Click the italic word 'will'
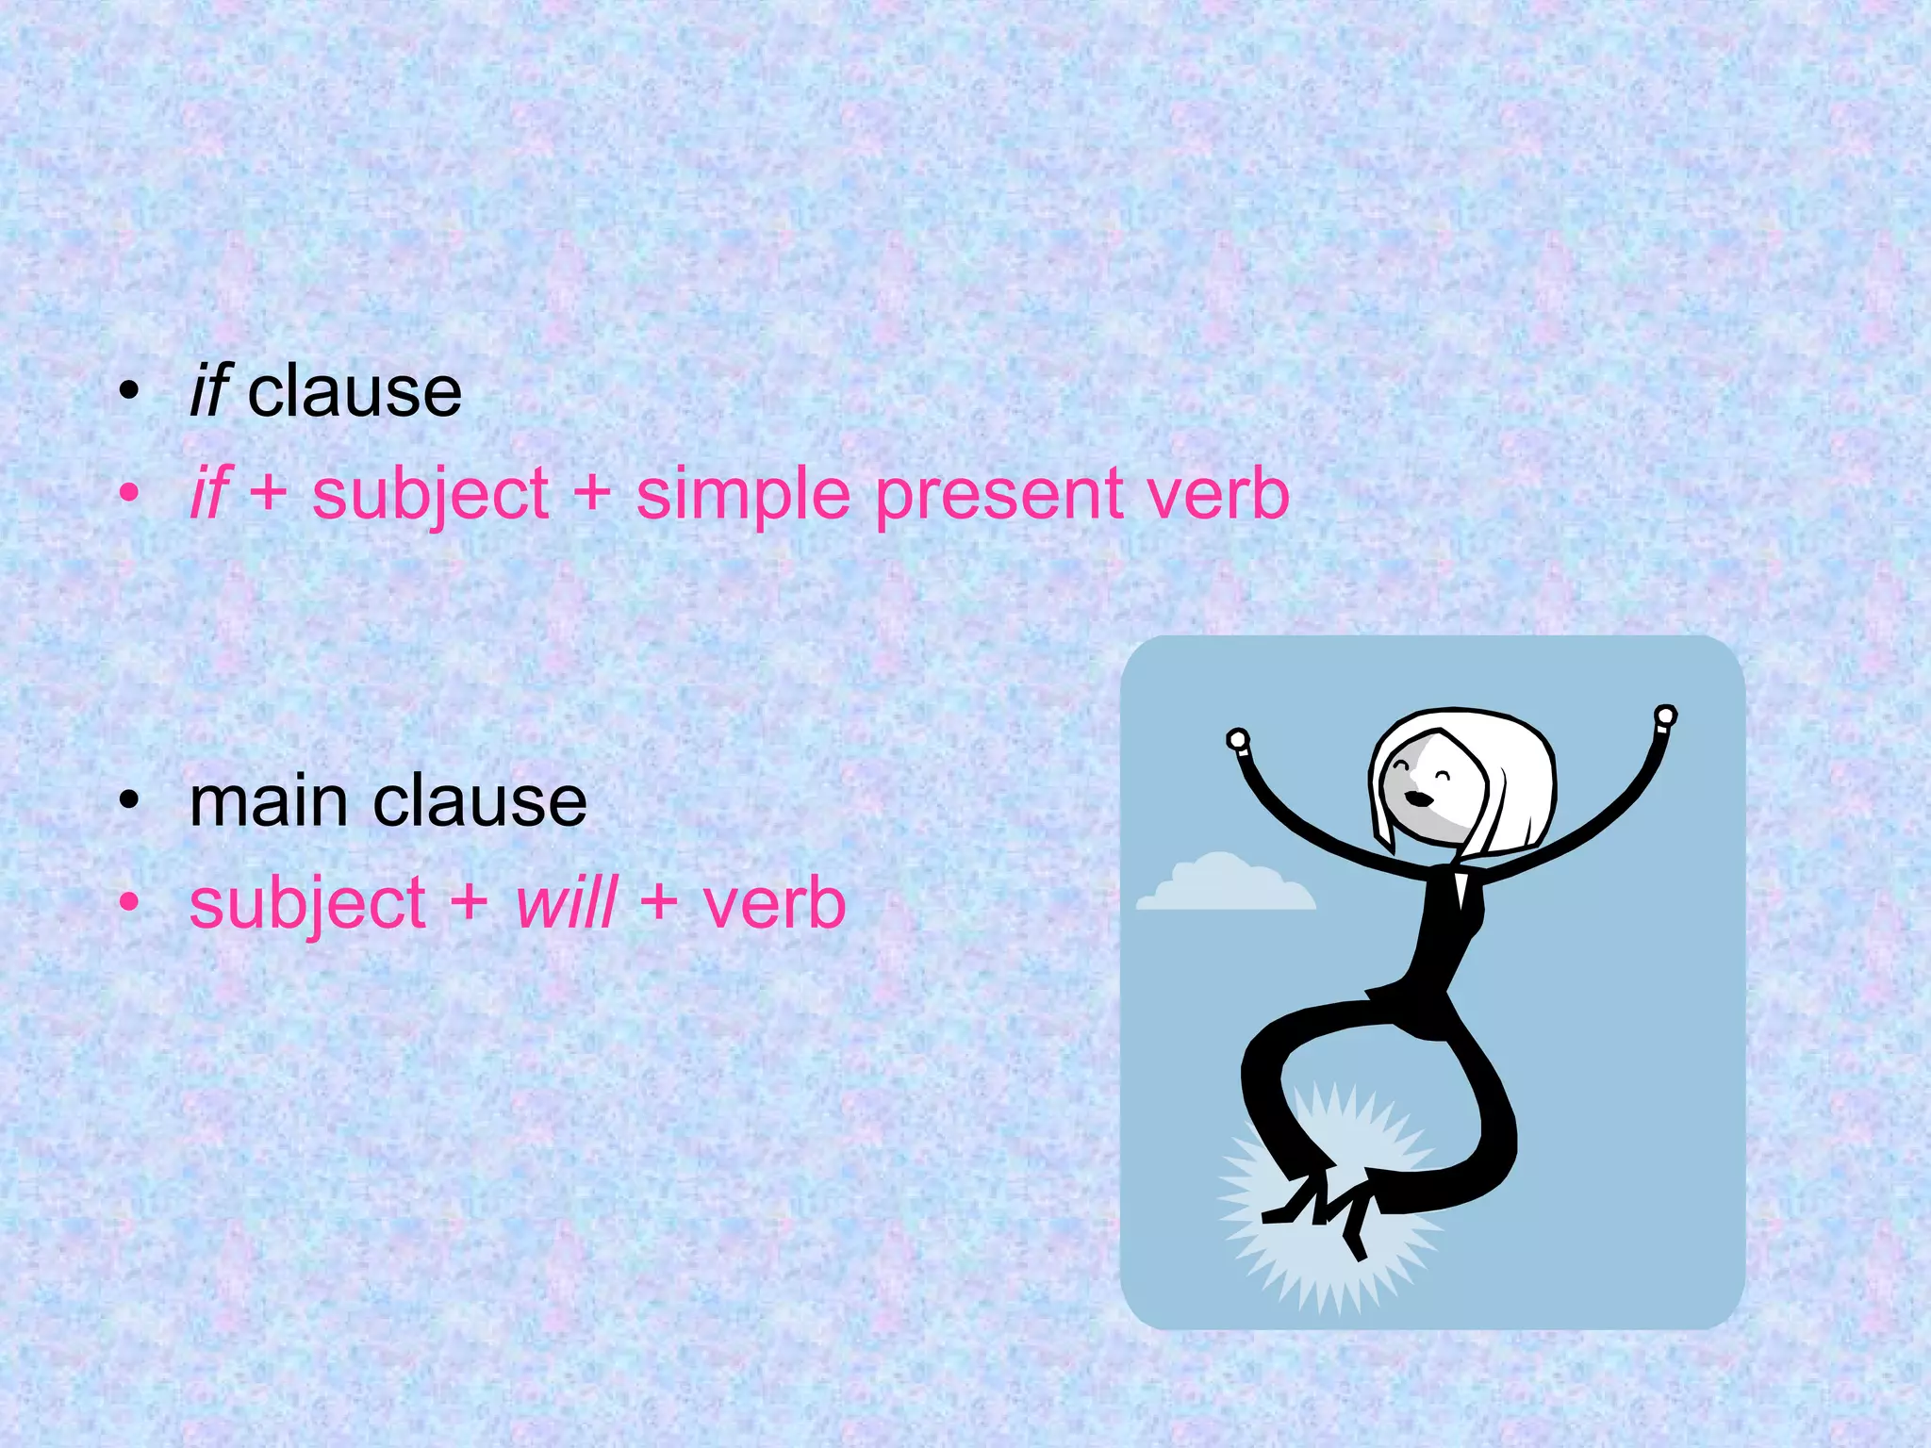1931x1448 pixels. coord(567,903)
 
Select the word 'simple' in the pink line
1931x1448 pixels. coord(743,496)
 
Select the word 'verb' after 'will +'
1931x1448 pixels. coord(774,903)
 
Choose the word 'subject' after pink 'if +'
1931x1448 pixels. coord(430,496)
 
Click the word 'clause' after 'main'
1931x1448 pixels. coord(480,802)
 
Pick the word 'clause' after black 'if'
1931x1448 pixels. coord(355,392)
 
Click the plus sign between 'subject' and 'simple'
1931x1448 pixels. coord(592,494)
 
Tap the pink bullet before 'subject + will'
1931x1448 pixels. coord(129,903)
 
